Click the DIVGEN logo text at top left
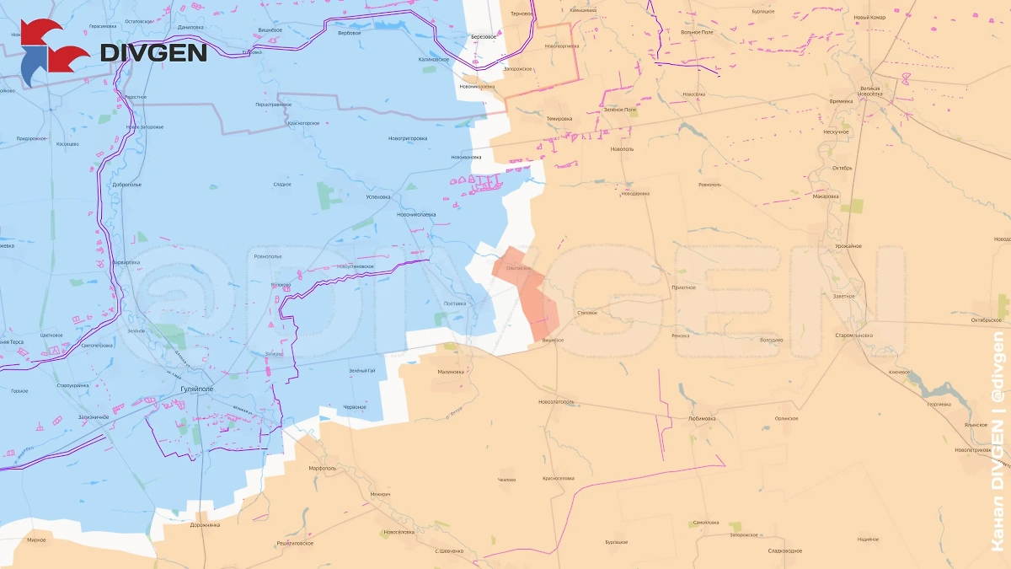click(153, 52)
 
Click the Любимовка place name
click(701, 417)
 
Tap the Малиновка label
click(451, 372)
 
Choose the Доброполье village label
click(126, 184)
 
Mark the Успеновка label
click(377, 196)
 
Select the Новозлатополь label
click(556, 401)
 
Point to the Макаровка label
click(825, 196)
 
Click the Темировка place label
click(559, 118)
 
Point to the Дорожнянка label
click(205, 524)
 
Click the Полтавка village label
click(454, 303)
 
